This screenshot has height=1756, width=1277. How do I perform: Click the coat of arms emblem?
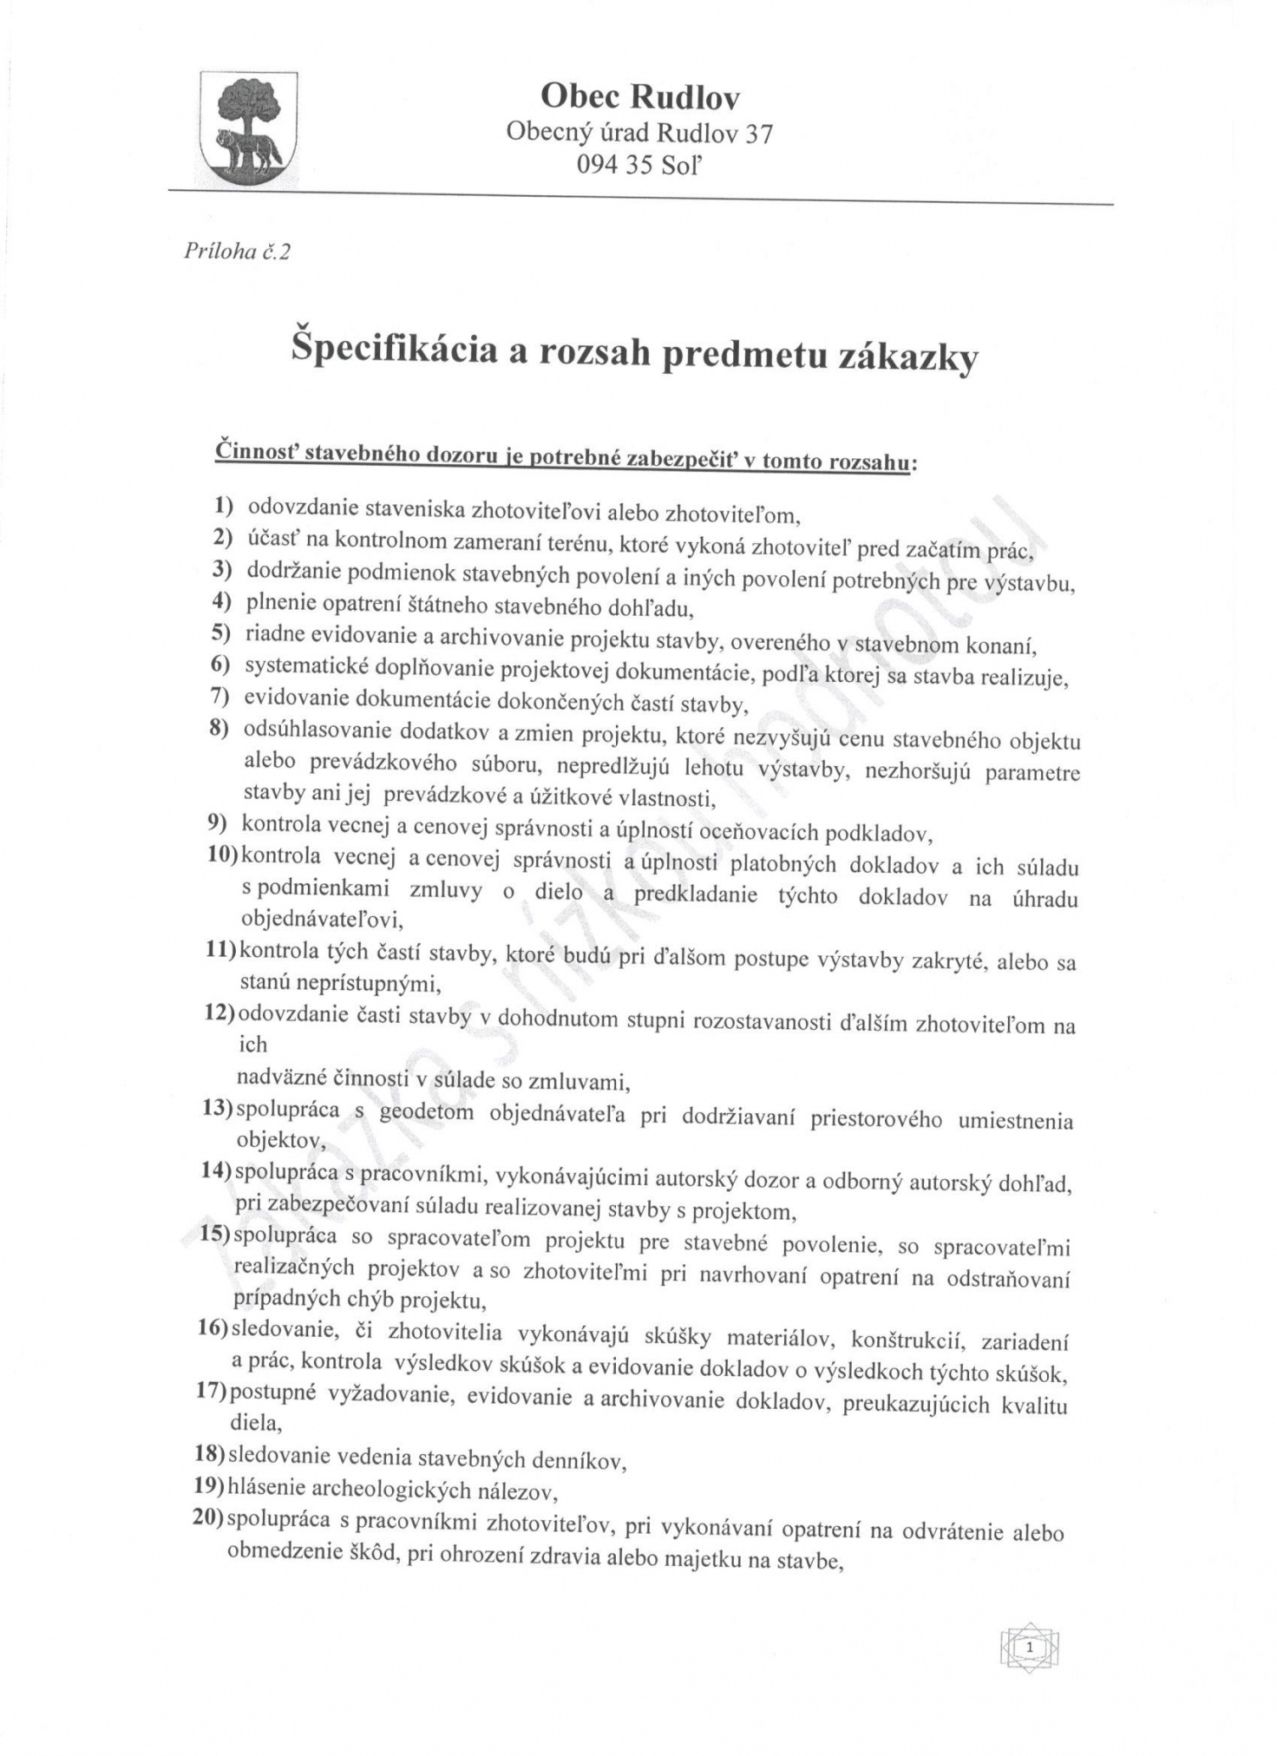click(x=248, y=124)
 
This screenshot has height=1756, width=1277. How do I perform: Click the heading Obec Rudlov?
click(x=640, y=96)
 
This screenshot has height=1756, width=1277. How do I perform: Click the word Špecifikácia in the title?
click(x=394, y=349)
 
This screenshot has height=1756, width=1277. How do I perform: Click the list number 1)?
click(x=224, y=506)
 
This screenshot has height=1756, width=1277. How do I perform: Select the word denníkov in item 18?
click(x=581, y=1462)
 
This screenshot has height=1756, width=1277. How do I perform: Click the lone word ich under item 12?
click(x=252, y=1045)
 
